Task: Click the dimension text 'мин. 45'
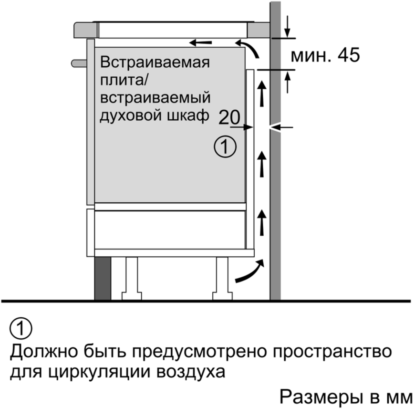click(325, 55)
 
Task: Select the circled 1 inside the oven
click(225, 147)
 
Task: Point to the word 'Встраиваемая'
click(155, 62)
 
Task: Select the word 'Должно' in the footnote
click(44, 352)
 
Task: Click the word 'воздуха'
click(190, 372)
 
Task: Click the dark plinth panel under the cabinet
click(103, 279)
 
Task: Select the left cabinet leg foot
click(132, 296)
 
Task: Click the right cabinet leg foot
click(222, 296)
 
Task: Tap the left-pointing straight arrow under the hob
click(200, 42)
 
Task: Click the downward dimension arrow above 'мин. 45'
click(287, 27)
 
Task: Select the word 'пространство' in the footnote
click(332, 352)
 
